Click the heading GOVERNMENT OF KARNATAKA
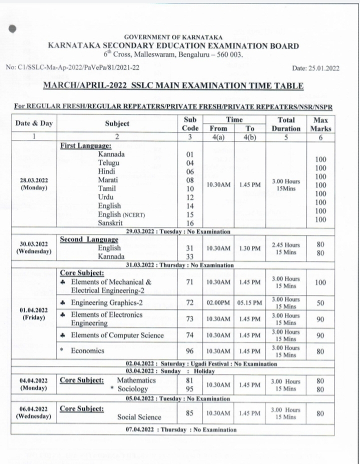point(173,37)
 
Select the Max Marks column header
point(320,123)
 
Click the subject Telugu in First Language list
point(108,163)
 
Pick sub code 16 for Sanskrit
point(190,223)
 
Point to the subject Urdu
point(106,197)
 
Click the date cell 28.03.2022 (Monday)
point(34,184)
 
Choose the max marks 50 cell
point(320,302)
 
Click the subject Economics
point(87,351)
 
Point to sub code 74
point(190,335)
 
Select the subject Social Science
point(139,416)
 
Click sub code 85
point(190,413)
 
